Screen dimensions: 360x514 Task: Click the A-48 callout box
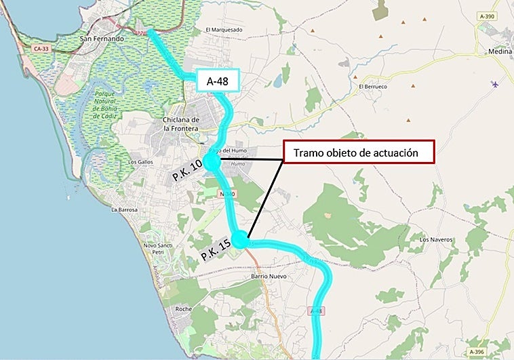tap(216, 81)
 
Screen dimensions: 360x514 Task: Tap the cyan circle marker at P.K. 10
tap(212, 163)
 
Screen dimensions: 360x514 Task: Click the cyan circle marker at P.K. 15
tap(240, 239)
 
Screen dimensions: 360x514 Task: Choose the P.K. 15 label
tap(216, 252)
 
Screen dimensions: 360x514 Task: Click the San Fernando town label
tap(102, 39)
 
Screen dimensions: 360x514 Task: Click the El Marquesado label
tap(224, 30)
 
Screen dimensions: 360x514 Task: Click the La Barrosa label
tap(125, 210)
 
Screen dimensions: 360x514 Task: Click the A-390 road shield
tap(485, 16)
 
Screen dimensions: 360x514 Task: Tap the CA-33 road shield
tap(42, 48)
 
